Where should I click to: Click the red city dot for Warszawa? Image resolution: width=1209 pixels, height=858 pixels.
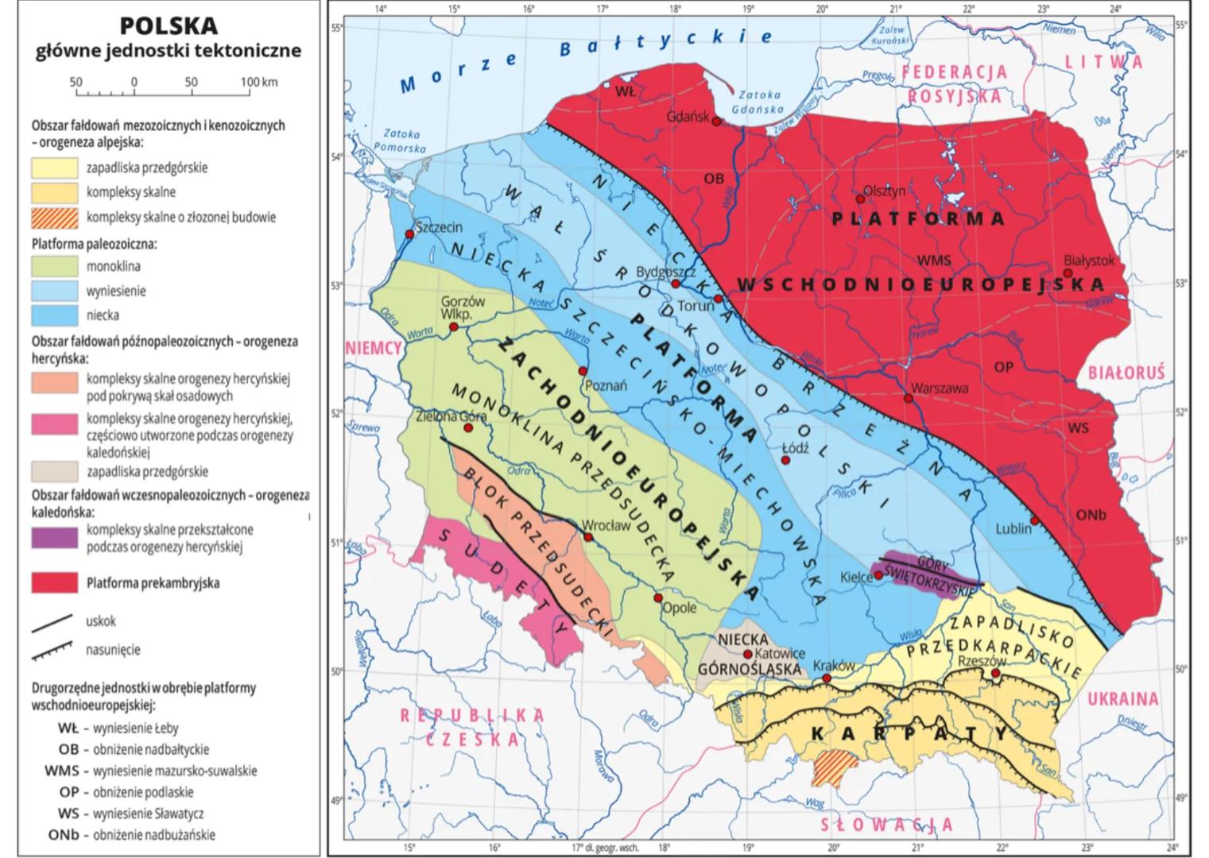pos(909,397)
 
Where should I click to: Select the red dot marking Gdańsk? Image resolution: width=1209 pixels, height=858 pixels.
pos(716,122)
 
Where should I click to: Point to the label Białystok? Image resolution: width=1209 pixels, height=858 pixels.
pos(1089,260)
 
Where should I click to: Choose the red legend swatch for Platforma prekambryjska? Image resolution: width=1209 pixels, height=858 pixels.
pos(55,582)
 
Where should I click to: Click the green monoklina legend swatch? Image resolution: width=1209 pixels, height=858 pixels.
pos(55,266)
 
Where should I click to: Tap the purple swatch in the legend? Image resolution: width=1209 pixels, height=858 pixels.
pos(55,538)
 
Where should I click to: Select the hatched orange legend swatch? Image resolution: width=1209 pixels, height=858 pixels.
pos(55,217)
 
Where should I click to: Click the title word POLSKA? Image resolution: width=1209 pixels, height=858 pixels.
pos(168,25)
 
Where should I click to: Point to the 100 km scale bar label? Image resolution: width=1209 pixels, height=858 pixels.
pos(258,82)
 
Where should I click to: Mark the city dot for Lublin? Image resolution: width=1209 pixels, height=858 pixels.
pos(1035,520)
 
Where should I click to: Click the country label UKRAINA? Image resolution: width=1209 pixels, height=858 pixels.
pos(1122,699)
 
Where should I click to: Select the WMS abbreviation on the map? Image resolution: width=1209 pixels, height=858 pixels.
pos(933,260)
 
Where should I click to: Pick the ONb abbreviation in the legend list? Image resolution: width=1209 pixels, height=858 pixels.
pos(63,835)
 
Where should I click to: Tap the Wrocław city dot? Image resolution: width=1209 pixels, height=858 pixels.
pos(588,538)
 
